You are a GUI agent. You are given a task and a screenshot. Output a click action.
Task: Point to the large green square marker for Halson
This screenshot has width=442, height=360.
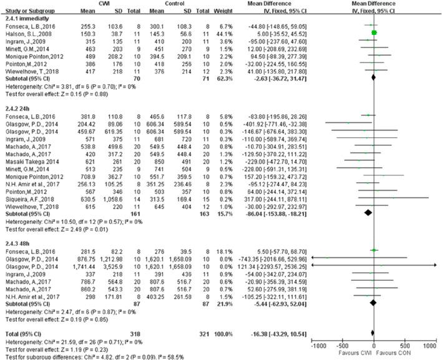pyautogui.click(x=374, y=32)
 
